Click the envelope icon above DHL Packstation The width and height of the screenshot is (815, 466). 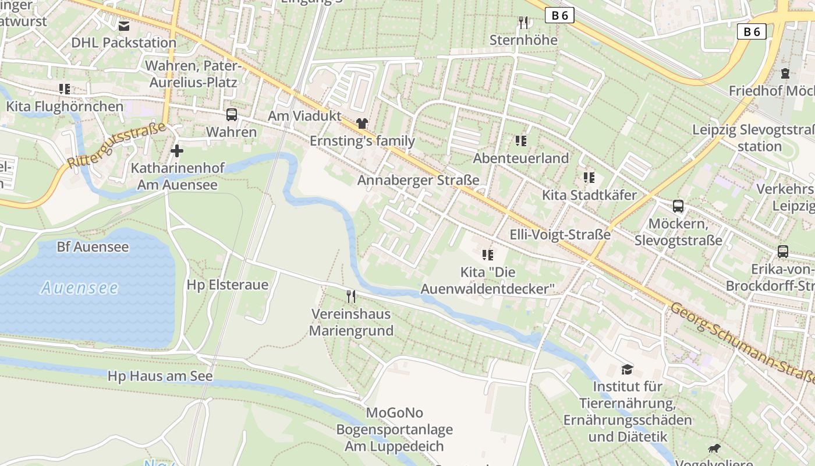[x=124, y=26]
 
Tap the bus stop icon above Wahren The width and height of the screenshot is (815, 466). [x=232, y=114]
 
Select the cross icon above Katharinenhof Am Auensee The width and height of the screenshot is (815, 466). [x=177, y=151]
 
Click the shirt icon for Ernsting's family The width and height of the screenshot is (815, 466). [x=362, y=123]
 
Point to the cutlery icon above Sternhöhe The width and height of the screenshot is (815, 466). [x=523, y=23]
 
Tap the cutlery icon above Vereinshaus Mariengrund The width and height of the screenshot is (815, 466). [x=350, y=296]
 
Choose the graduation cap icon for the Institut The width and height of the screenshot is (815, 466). [x=627, y=369]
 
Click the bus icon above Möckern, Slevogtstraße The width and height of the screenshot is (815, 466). [x=678, y=206]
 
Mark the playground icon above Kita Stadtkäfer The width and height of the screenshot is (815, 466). [x=589, y=178]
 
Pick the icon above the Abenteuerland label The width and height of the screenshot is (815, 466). [x=520, y=141]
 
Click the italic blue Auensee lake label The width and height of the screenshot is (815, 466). [x=80, y=288]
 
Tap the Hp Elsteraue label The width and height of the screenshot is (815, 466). [x=228, y=285]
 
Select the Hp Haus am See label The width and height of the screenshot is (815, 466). [x=160, y=376]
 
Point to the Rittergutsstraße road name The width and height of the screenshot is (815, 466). [x=116, y=146]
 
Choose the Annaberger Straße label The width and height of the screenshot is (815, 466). [x=418, y=180]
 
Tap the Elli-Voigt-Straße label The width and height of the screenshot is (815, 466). [x=560, y=235]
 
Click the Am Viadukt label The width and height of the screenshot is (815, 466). [x=304, y=116]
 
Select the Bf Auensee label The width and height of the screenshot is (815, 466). [x=93, y=247]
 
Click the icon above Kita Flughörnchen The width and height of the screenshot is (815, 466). [x=65, y=89]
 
